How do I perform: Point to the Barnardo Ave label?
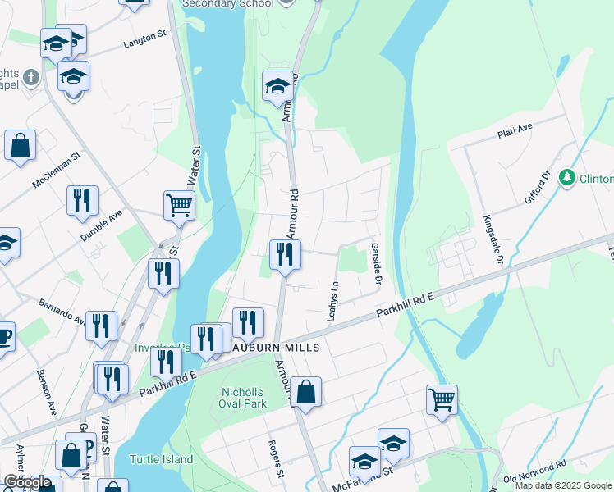click(x=62, y=311)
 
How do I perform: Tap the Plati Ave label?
click(x=515, y=131)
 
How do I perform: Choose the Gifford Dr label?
click(x=537, y=189)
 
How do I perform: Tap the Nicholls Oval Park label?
click(x=244, y=398)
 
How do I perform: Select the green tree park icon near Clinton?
click(x=566, y=177)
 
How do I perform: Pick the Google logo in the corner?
click(x=28, y=482)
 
